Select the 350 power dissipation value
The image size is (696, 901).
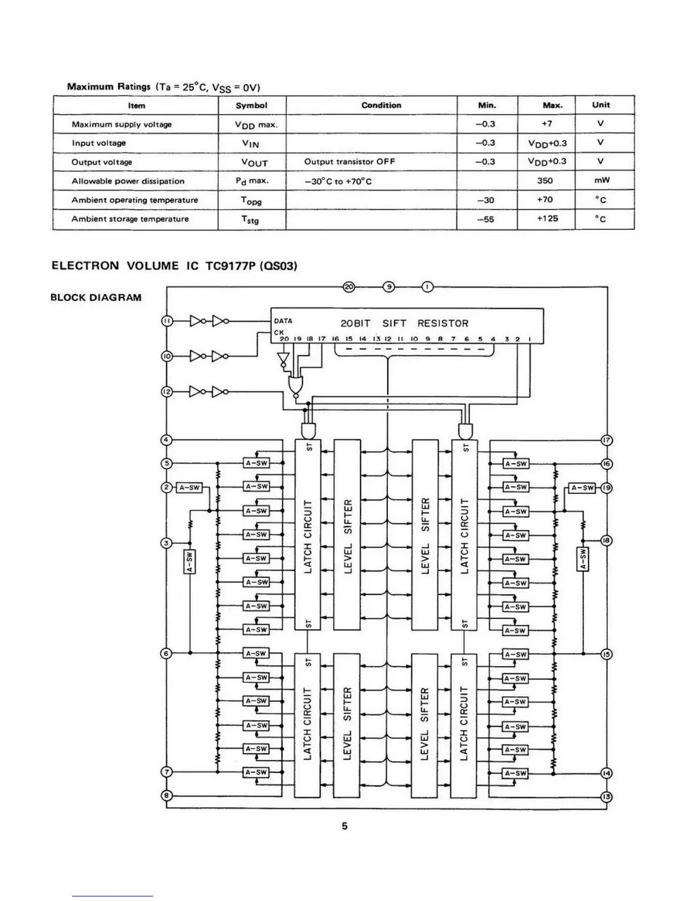[x=545, y=181]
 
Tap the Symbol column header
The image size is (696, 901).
[x=251, y=105]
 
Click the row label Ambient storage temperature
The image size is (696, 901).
[x=130, y=219]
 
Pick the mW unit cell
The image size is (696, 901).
[x=602, y=181]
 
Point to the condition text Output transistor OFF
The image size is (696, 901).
[x=350, y=162]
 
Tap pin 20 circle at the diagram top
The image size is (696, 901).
[x=349, y=287]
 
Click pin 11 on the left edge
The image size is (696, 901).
[x=167, y=321]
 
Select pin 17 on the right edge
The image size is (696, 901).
[x=607, y=440]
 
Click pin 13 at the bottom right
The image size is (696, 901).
[x=607, y=797]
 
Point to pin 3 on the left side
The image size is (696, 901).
[x=167, y=543]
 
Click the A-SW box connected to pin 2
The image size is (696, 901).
[x=189, y=487]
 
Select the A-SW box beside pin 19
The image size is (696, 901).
[x=582, y=488]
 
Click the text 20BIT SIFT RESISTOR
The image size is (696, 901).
[x=404, y=324]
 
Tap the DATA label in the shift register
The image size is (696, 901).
[x=283, y=321]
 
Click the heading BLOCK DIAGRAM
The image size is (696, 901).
[x=96, y=297]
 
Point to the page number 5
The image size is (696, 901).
[x=345, y=826]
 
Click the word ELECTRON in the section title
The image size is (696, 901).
[x=85, y=266]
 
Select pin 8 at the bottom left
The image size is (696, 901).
[x=167, y=795]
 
